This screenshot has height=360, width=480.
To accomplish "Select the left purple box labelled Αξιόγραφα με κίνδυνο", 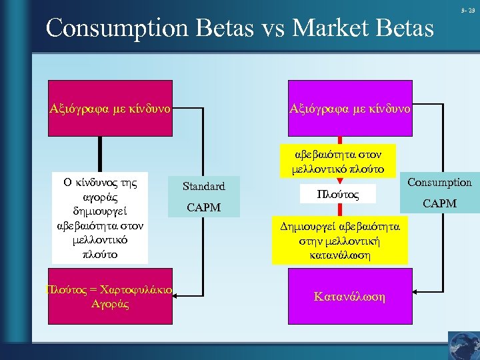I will pos(111,107).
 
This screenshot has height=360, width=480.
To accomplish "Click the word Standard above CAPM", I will pos(203,187).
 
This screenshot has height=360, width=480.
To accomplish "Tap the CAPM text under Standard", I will pos(203,208).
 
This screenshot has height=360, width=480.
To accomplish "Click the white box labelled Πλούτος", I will pos(338,194).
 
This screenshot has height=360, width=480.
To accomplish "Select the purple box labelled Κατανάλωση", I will pos(349,295).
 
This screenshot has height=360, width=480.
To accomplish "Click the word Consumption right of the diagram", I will pos(439,182).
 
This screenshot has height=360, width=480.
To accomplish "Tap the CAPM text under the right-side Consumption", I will pos(439,203).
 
